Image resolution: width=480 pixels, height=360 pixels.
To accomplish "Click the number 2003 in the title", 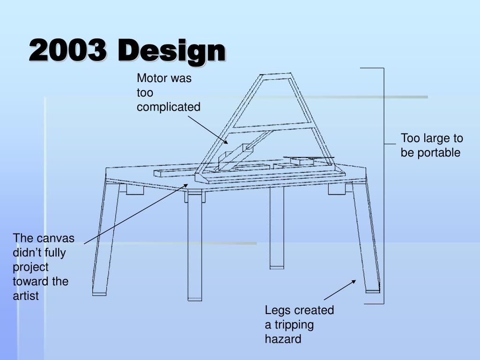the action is (x=67, y=51).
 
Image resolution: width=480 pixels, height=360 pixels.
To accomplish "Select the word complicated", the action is (x=168, y=107).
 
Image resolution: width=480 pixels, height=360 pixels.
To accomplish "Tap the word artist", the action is (x=26, y=296).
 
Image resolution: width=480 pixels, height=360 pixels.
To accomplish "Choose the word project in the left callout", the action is (x=30, y=267).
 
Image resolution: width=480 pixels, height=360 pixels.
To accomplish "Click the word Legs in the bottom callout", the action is (x=278, y=310).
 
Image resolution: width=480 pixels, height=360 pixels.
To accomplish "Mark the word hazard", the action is (x=283, y=339).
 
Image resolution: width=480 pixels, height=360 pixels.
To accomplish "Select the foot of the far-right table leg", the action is (x=373, y=288).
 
